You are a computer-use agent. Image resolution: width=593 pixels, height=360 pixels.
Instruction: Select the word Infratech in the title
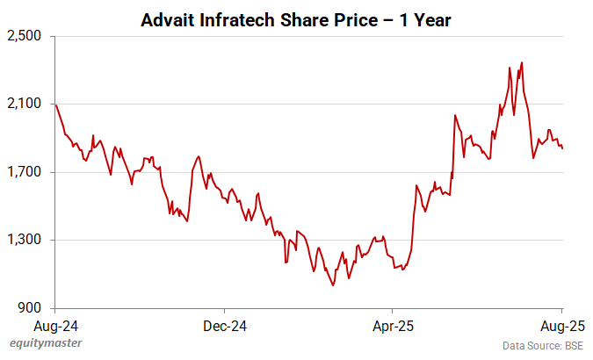(x=235, y=18)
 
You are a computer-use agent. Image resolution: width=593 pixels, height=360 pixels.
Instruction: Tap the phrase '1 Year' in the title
(x=425, y=18)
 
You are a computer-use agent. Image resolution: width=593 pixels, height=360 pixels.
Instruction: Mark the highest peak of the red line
(x=522, y=62)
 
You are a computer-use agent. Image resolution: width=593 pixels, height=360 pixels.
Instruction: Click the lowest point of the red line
(x=332, y=285)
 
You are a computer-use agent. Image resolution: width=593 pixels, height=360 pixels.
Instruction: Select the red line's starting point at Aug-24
(x=55, y=104)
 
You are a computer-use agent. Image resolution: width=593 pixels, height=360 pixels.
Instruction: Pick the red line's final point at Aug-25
(x=562, y=148)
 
